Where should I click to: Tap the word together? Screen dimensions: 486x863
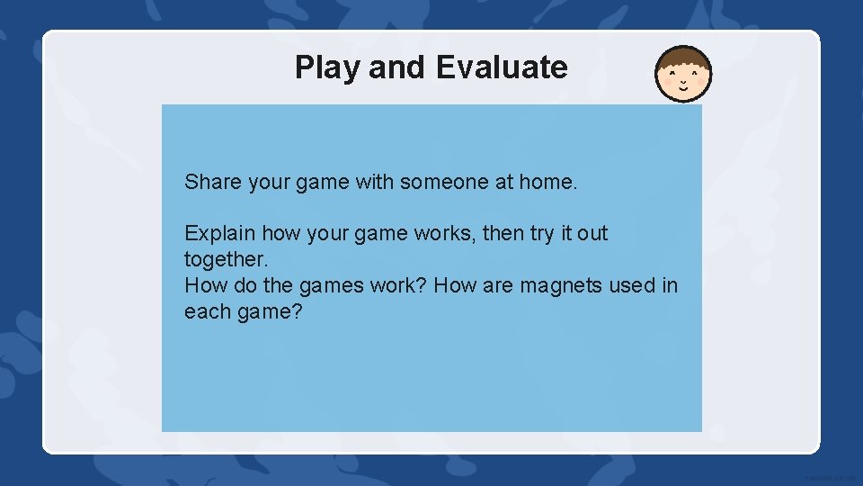[x=226, y=259]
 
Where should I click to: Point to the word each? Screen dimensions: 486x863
[x=206, y=311]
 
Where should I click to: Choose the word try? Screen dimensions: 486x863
[x=542, y=233]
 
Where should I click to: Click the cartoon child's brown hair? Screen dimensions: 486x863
[x=683, y=58]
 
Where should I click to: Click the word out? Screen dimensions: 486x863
[x=592, y=233]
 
